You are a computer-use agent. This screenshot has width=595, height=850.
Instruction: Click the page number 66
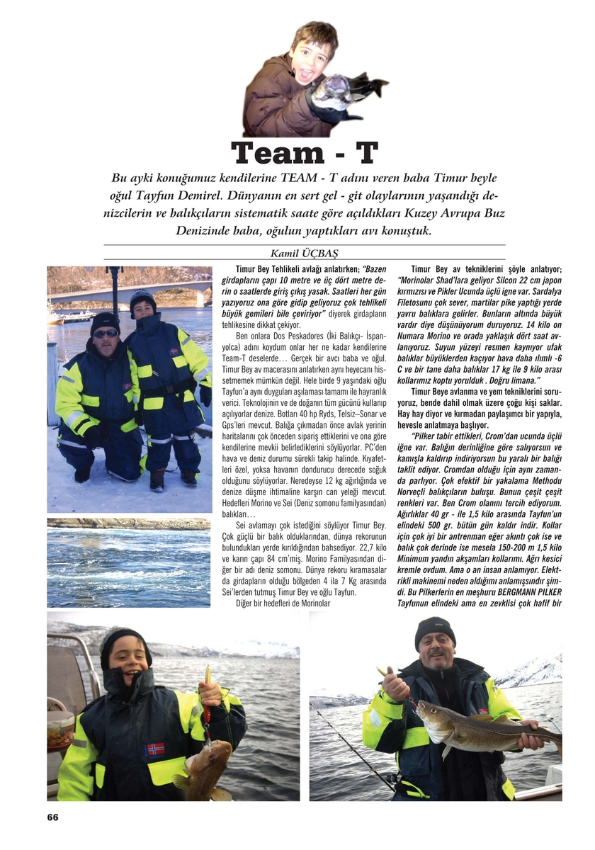(x=52, y=817)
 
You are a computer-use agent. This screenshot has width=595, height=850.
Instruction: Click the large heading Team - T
(x=305, y=152)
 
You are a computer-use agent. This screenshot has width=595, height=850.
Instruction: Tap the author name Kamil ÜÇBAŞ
(x=304, y=254)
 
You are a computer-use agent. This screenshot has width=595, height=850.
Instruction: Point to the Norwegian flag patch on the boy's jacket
(x=154, y=748)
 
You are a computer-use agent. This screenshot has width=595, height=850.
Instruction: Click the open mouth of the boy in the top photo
(x=310, y=72)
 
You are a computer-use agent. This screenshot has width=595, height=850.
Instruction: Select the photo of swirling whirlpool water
(x=129, y=562)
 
